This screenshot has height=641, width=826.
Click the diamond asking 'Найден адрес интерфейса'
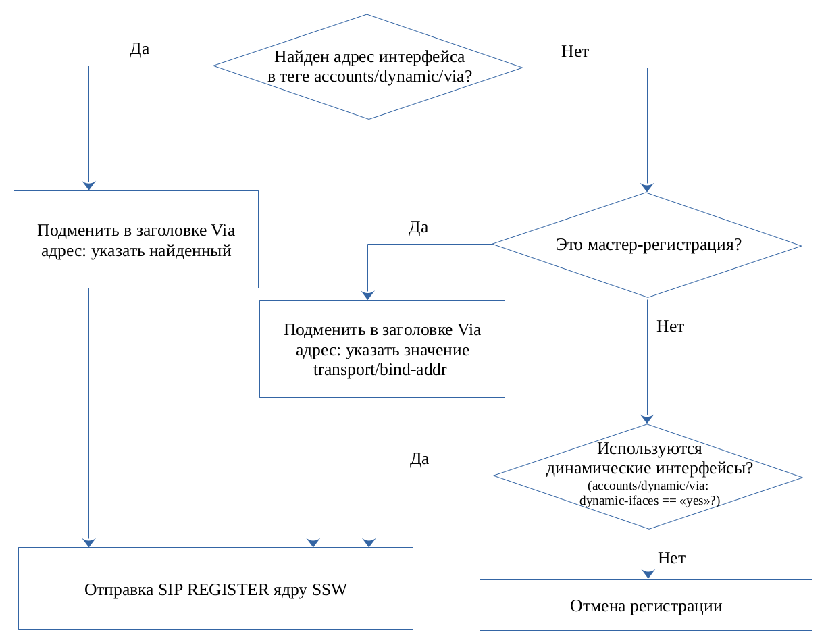(368, 67)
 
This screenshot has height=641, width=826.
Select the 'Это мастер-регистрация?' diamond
(647, 245)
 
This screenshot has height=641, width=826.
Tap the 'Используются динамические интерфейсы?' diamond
(648, 476)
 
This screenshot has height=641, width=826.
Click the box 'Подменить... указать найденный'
(136, 240)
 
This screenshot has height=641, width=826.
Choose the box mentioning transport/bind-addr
(382, 349)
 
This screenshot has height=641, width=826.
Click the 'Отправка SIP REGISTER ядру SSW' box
(215, 588)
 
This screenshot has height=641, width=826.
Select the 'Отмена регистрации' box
(646, 605)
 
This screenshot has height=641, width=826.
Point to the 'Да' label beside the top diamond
(139, 49)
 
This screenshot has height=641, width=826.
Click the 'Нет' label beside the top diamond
(575, 51)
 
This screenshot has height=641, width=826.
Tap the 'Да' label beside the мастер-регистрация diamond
(418, 227)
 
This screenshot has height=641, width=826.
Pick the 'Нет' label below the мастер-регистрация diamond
(670, 326)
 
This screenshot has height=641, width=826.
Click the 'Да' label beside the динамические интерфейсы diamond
(419, 459)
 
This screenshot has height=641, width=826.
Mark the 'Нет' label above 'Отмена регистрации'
(671, 558)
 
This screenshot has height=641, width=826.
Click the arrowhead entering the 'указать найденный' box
(88, 186)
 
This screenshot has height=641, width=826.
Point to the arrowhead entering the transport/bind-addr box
(367, 295)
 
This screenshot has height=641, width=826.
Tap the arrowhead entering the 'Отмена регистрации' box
(648, 574)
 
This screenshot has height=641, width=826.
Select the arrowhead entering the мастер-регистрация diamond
(647, 188)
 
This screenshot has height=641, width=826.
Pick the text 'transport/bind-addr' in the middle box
(380, 369)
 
